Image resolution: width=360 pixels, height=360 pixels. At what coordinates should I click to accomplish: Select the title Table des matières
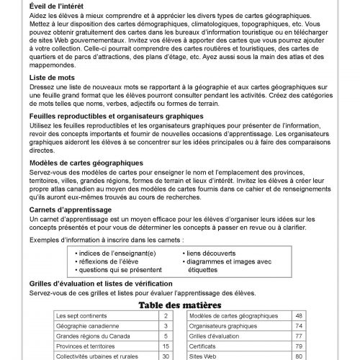[180, 305]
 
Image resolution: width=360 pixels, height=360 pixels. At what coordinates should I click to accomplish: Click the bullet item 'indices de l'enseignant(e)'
[118, 254]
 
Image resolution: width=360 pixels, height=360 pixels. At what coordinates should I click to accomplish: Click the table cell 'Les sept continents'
[80, 316]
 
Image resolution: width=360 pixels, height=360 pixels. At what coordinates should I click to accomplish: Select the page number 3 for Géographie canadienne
[166, 326]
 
